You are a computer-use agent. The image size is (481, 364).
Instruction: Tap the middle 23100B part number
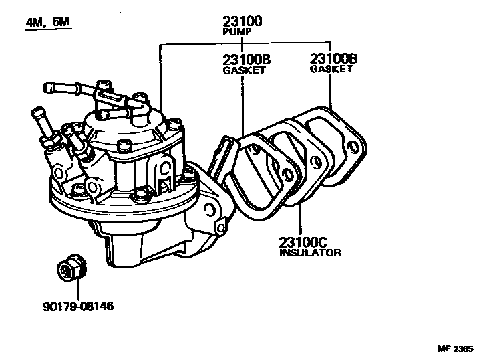click(x=243, y=60)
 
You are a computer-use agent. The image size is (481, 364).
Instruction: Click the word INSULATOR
click(x=310, y=253)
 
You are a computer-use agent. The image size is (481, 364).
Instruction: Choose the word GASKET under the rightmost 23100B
click(x=331, y=68)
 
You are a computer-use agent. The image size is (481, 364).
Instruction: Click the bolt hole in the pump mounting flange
click(x=209, y=212)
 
